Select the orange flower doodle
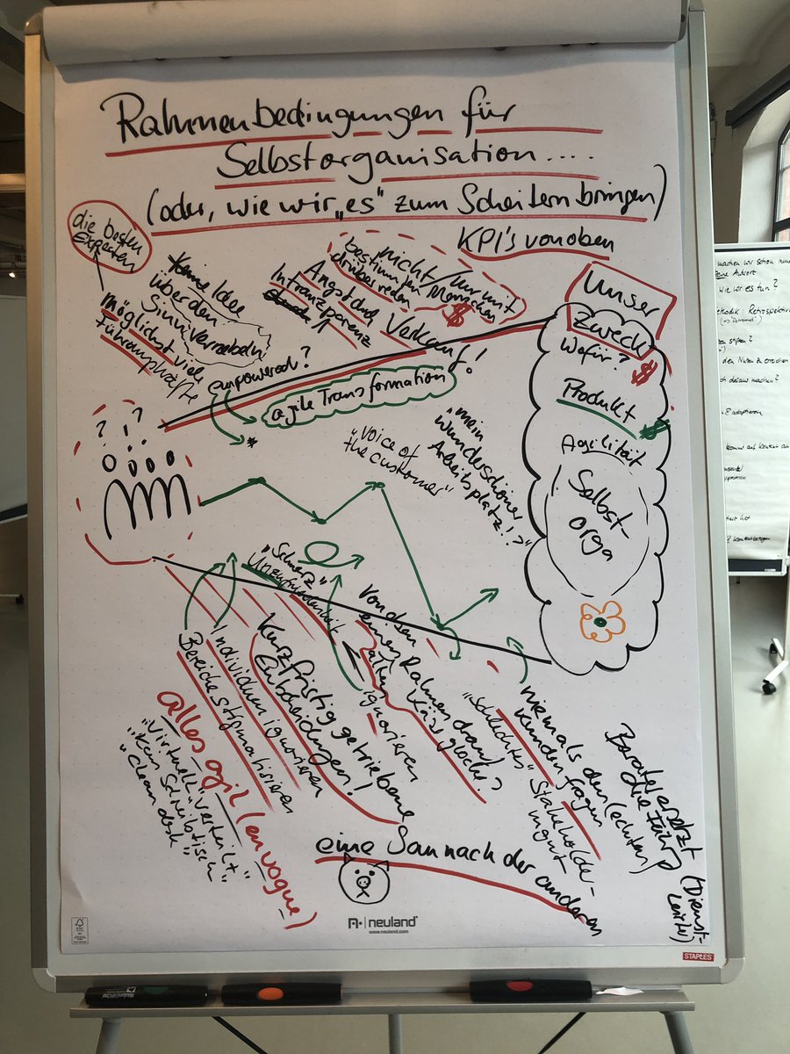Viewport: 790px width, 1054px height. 601,621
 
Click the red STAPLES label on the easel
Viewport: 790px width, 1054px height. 698,956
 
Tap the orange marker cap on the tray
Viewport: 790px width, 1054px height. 270,993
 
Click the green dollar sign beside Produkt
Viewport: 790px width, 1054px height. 653,430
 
